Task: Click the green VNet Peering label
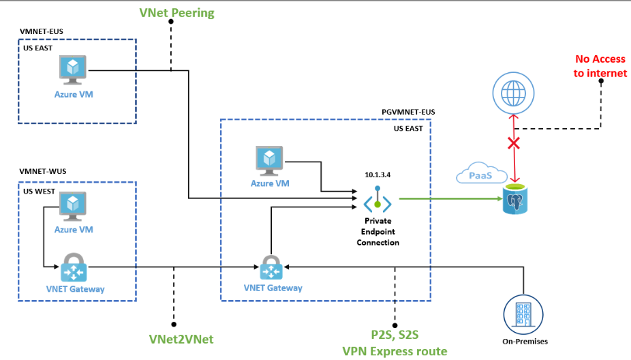(x=176, y=12)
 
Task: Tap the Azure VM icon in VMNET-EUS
(x=73, y=69)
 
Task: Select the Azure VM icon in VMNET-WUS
(x=73, y=205)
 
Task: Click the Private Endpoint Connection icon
(x=377, y=202)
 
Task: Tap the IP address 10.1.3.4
(x=378, y=175)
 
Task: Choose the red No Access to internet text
(x=600, y=66)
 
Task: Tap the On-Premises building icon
(x=523, y=314)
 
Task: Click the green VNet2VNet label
(x=175, y=338)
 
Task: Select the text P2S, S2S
(x=395, y=335)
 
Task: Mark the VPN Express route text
(x=395, y=351)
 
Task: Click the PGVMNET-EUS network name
(x=407, y=111)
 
